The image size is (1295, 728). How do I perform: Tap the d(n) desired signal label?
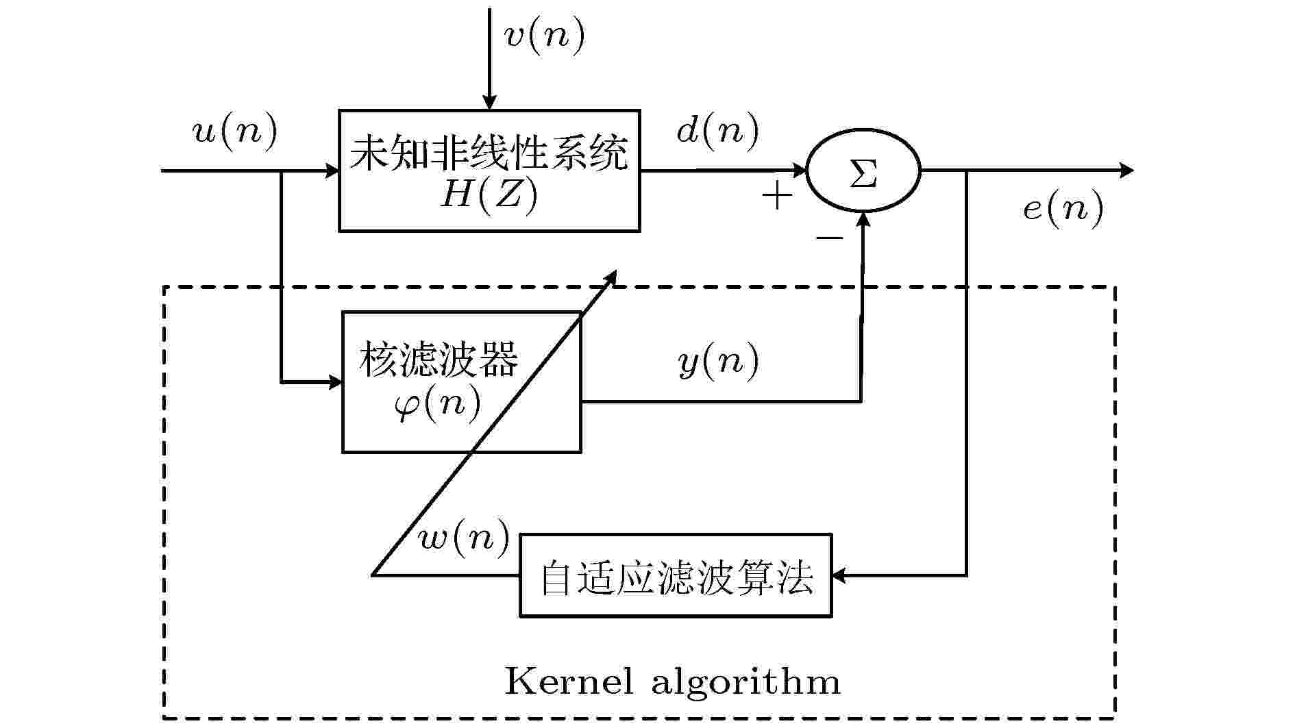[718, 129]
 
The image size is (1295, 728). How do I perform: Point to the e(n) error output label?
[1063, 208]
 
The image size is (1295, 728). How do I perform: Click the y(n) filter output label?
[719, 361]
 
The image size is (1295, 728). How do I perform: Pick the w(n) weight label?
[465, 538]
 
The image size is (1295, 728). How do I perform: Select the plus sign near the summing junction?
[778, 196]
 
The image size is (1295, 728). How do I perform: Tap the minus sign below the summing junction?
[829, 238]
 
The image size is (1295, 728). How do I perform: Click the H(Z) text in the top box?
[489, 196]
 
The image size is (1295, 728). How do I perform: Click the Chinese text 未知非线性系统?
[489, 153]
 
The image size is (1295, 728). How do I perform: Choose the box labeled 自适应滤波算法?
[676, 575]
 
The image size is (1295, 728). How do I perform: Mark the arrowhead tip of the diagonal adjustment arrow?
[616, 270]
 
